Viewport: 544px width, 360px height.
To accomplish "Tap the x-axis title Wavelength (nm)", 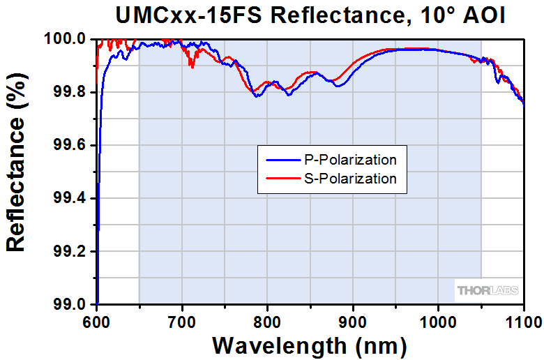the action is tap(309, 346).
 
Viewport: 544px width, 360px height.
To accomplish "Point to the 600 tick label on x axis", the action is tap(96, 322).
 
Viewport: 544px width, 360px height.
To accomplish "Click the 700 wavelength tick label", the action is tap(182, 322).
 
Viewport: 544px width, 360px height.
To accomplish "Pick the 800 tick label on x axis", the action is tap(267, 322).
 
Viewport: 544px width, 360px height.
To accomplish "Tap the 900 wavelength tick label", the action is tap(353, 322).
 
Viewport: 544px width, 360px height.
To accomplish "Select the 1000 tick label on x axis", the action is tap(438, 322).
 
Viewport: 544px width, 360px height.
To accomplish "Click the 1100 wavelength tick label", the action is tap(524, 322).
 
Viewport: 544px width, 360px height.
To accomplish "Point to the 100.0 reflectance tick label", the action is tap(65, 38).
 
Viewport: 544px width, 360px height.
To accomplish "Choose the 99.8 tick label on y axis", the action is tap(69, 92).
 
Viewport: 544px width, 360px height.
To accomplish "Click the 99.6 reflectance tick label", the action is tap(69, 145).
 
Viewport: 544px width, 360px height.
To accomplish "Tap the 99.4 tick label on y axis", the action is tap(69, 198).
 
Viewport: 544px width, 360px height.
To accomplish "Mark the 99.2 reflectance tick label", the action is tap(69, 251).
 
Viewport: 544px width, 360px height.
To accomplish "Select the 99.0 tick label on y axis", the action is tap(69, 304).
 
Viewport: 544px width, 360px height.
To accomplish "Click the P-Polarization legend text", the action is tap(350, 160).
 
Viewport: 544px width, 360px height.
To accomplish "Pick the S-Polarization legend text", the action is tap(350, 179).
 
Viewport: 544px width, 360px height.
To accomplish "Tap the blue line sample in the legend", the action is tap(283, 160).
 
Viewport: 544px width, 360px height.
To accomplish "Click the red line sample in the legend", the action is tap(283, 179).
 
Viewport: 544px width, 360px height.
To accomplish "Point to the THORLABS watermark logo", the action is tap(488, 290).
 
